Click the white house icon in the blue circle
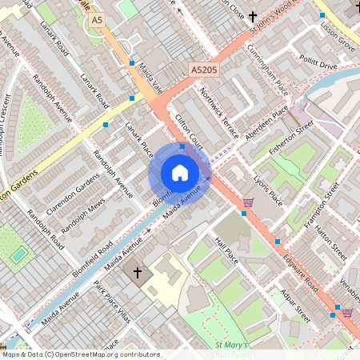(180, 173)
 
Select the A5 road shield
(98, 19)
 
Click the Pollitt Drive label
(318, 63)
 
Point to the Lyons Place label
(268, 190)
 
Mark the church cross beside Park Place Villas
(137, 273)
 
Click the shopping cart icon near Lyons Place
(248, 202)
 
